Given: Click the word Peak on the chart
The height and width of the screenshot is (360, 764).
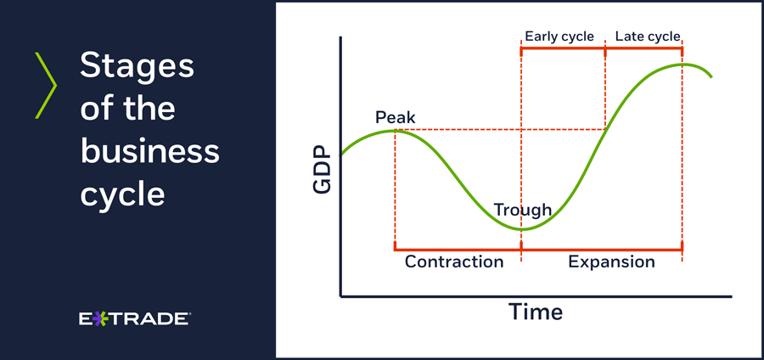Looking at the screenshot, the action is coord(395,117).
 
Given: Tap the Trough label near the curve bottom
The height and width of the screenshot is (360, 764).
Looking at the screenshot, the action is coord(523,210).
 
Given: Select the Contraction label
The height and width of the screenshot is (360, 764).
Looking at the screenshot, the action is coord(454,262).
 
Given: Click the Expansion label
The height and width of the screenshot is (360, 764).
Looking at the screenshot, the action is coord(611,262).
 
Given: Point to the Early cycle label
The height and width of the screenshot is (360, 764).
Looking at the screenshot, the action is coord(559,37).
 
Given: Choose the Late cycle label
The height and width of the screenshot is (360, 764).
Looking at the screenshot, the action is coord(648,37).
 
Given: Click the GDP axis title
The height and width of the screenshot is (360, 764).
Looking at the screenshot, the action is coord(322,171).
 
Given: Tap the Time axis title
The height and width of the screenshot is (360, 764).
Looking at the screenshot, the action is coord(536,311).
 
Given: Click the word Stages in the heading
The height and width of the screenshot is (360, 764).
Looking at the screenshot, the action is coord(137,67).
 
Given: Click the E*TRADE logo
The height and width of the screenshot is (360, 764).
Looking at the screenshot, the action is coord(134,319).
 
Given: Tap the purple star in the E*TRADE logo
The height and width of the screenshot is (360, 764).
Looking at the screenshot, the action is coord(100,319).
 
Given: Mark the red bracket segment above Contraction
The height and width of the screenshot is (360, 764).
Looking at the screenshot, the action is coord(458,250).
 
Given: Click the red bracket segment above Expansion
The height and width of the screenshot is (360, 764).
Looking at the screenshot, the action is coord(602,250).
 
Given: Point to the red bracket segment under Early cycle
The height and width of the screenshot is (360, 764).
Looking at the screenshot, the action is coord(563,48).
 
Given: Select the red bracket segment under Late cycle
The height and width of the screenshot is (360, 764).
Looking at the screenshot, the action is coord(643,48).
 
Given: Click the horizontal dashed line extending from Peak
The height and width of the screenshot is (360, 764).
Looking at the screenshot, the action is coord(500,130).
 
